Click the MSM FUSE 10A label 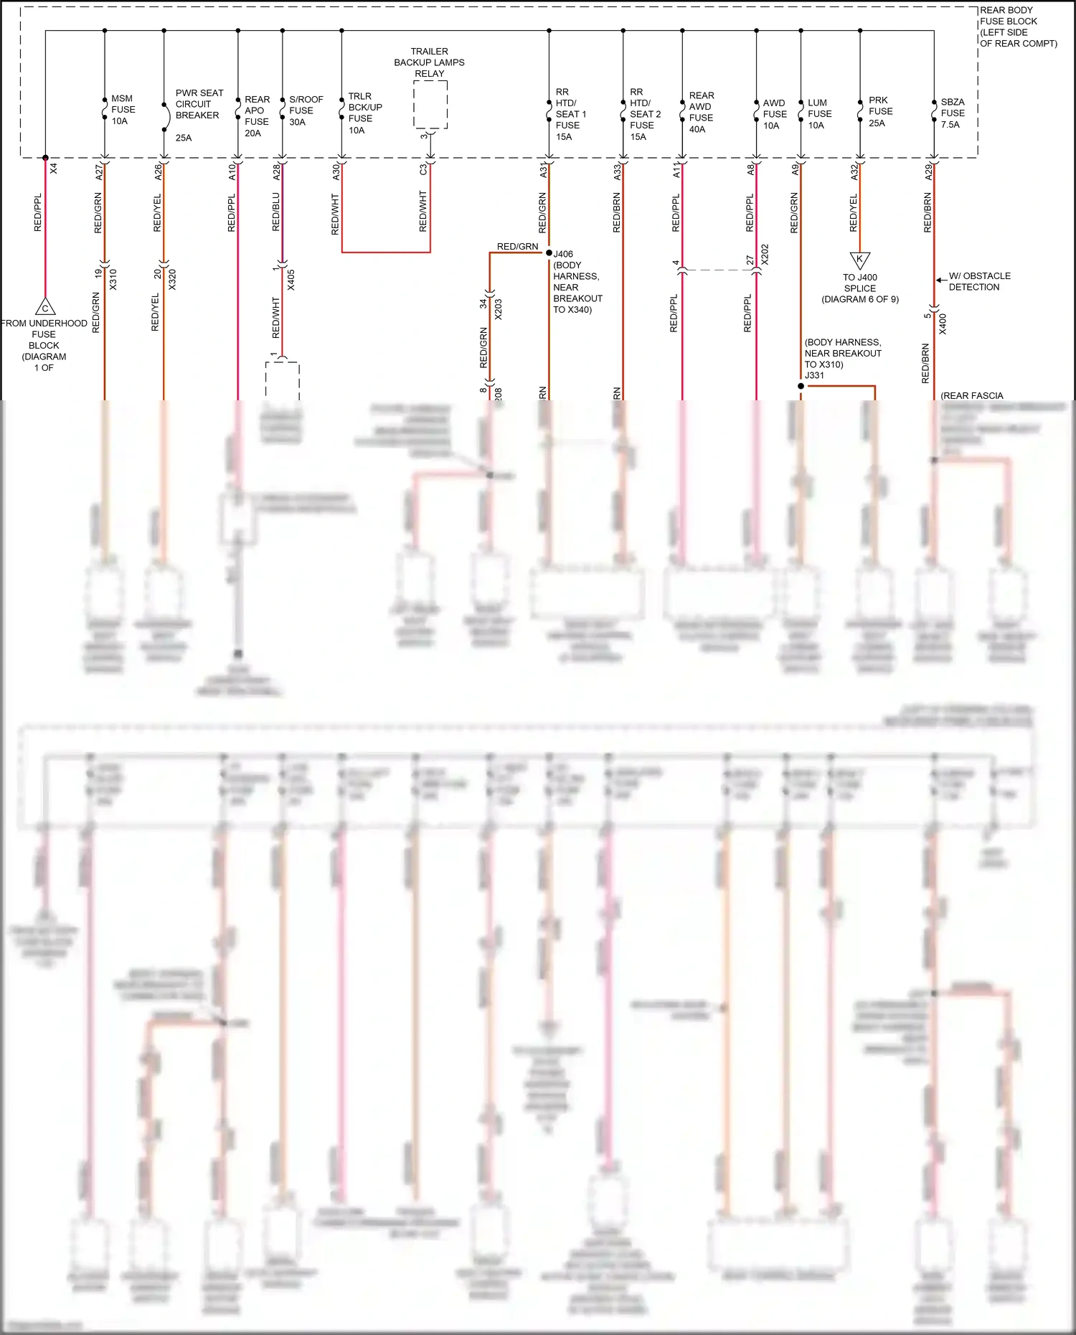pos(123,110)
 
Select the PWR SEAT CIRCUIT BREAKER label pos(199,105)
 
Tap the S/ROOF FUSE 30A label pos(305,110)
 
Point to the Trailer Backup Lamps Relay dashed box pos(430,105)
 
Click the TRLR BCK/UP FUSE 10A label pos(364,113)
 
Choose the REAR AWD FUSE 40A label pos(701,112)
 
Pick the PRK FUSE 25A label pos(880,111)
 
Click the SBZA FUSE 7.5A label pos(953,113)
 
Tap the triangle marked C pos(45,308)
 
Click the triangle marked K pos(859,259)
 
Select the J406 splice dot pos(549,253)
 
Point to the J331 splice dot pos(801,386)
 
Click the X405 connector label pos(291,280)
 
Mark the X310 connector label pos(113,279)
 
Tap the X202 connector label pos(765,255)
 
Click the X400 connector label pos(943,324)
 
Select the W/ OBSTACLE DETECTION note pos(979,281)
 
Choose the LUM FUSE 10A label pos(818,114)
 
